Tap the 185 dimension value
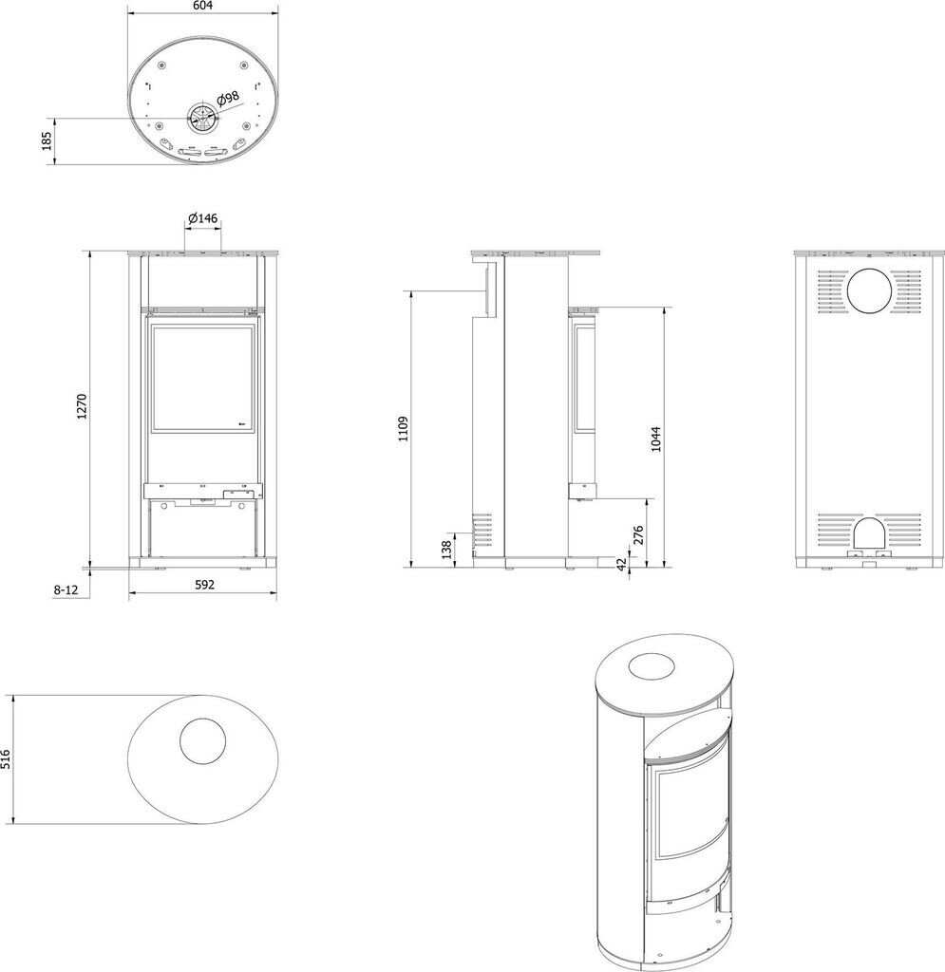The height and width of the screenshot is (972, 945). point(46,141)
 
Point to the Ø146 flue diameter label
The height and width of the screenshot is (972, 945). point(203,218)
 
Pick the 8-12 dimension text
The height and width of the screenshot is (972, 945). point(65,589)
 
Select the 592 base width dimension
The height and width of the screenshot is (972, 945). point(201,585)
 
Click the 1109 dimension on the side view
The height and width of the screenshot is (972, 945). point(403,429)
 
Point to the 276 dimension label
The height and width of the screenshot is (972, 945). point(637,534)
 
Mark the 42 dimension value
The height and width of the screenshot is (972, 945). point(623,562)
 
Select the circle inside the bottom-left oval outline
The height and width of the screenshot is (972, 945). point(202,741)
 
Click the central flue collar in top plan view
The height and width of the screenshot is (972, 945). point(201,118)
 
